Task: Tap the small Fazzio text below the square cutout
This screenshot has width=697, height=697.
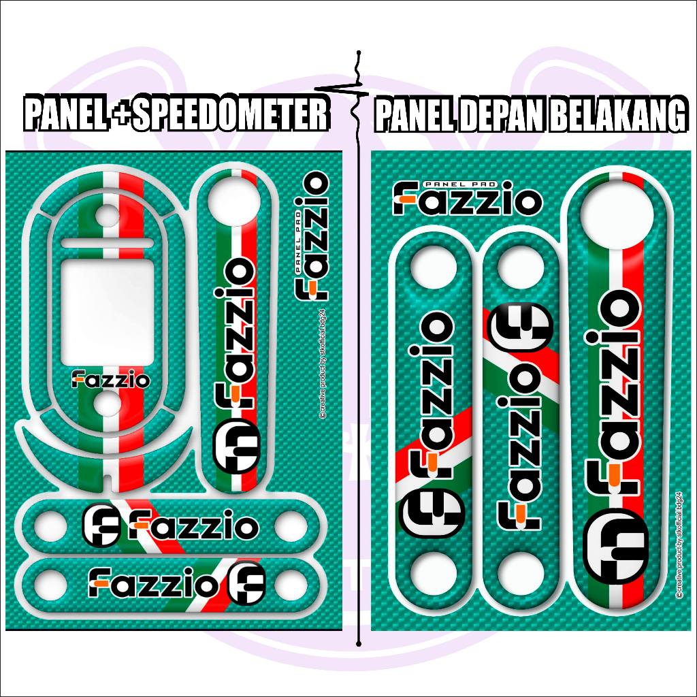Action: tap(111, 380)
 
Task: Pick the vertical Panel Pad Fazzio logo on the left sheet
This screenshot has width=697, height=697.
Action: tap(312, 235)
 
